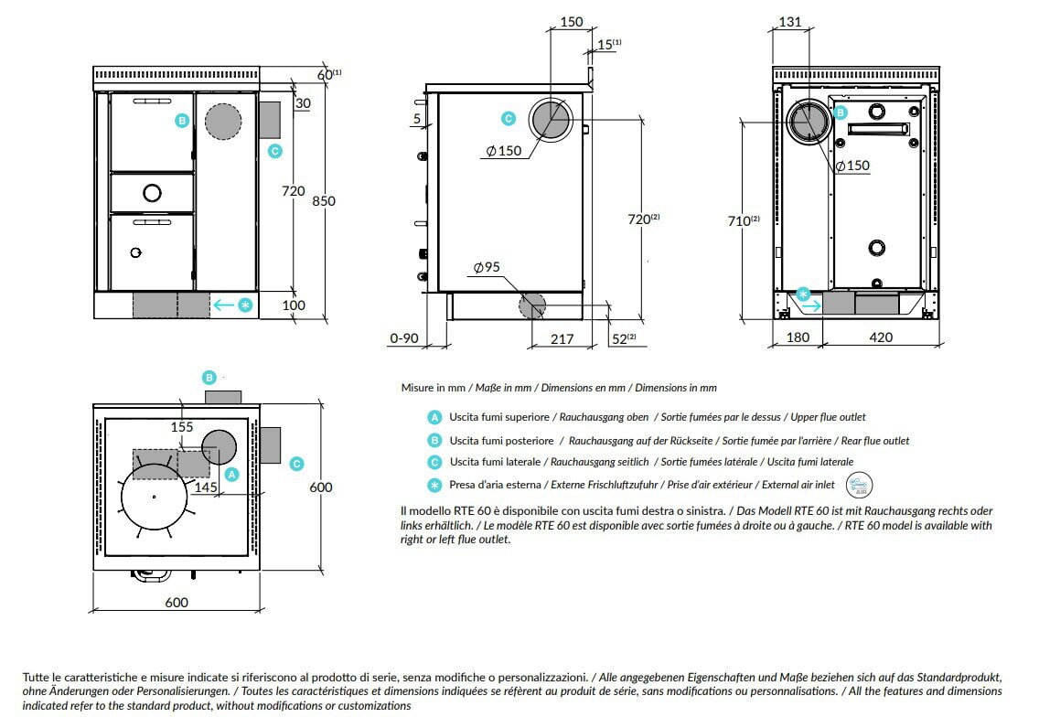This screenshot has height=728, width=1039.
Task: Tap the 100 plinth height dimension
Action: pyautogui.click(x=294, y=305)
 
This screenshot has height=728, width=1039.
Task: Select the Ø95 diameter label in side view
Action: pyautogui.click(x=487, y=268)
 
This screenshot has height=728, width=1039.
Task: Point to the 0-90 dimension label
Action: pyautogui.click(x=403, y=339)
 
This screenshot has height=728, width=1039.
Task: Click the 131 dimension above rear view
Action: pyautogui.click(x=791, y=22)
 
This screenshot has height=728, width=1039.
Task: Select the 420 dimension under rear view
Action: pyautogui.click(x=880, y=337)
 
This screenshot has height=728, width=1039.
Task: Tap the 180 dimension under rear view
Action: pyautogui.click(x=798, y=337)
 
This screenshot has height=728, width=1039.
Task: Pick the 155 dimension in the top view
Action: pyautogui.click(x=181, y=426)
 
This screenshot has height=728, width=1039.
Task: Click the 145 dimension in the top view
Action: pyautogui.click(x=206, y=488)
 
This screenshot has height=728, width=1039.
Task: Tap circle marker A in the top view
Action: pyautogui.click(x=231, y=474)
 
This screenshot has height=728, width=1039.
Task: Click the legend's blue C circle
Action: pyautogui.click(x=434, y=462)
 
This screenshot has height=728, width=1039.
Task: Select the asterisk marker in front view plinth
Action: pyautogui.click(x=245, y=305)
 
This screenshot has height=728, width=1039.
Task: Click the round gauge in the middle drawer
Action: pyautogui.click(x=152, y=192)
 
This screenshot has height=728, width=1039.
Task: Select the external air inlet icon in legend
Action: pyautogui.click(x=860, y=485)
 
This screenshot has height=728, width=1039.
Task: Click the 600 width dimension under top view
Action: pyautogui.click(x=177, y=602)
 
